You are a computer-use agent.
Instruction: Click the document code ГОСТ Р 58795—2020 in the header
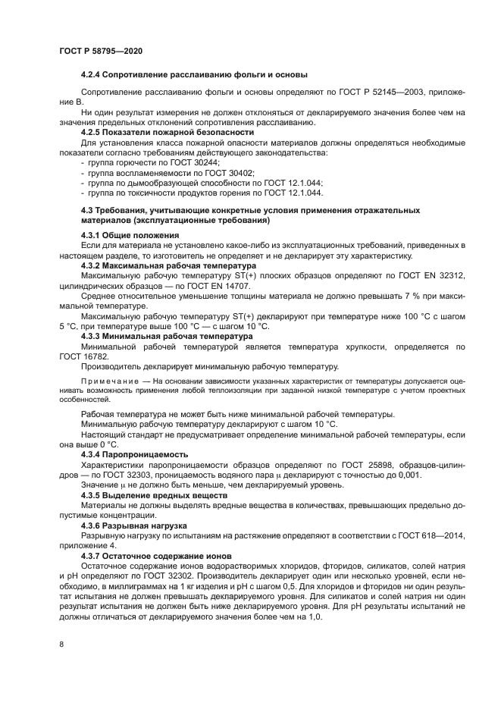[x=100, y=50]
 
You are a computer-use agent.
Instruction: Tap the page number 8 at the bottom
[x=61, y=645]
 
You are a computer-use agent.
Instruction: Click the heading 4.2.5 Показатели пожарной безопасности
[x=167, y=132]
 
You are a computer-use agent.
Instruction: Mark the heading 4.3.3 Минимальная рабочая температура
[x=167, y=335]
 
